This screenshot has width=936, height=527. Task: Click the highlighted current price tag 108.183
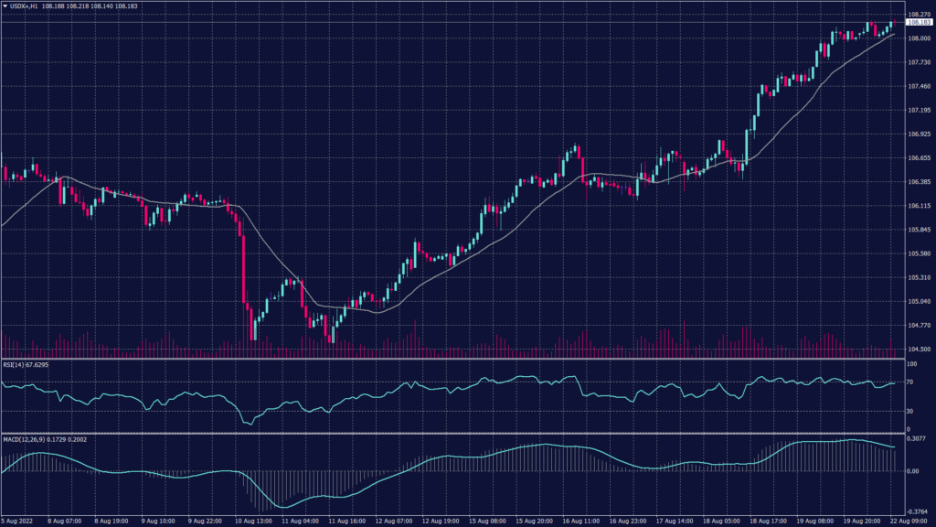(x=919, y=23)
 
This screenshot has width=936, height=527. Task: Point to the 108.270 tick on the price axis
(x=919, y=15)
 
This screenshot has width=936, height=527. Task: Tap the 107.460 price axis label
(x=919, y=86)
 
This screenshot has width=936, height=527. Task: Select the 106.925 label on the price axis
(x=919, y=134)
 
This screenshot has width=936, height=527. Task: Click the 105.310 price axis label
(x=919, y=277)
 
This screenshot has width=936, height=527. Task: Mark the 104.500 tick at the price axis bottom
(x=919, y=349)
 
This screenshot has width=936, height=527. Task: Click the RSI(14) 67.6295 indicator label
(x=27, y=364)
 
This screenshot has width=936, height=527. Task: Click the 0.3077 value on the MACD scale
(x=917, y=439)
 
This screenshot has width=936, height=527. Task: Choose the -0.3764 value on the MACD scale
(x=917, y=511)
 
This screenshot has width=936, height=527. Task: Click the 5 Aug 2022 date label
(x=18, y=522)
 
